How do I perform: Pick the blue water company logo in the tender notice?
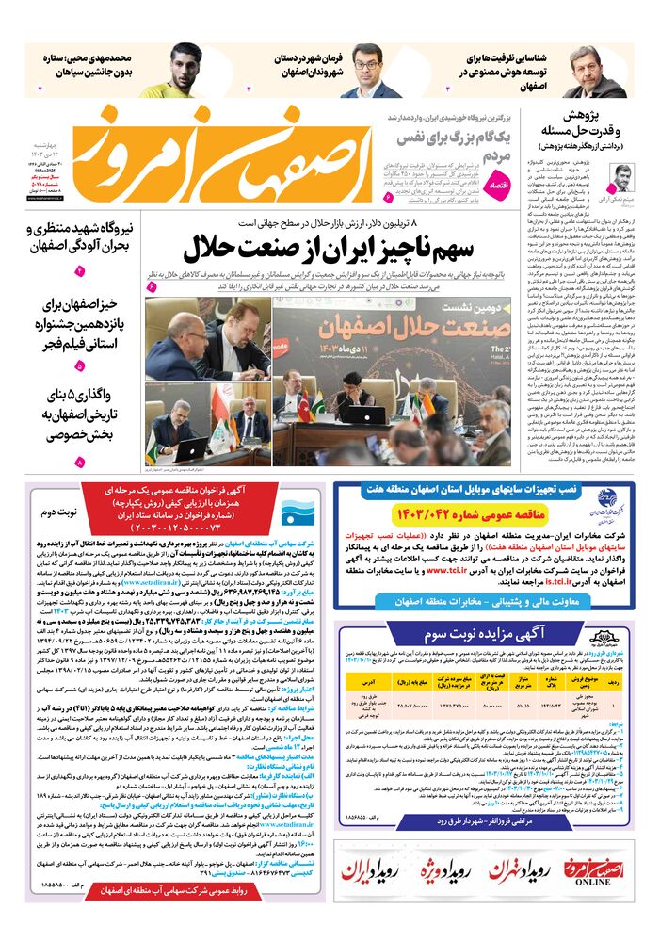click(297, 515)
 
